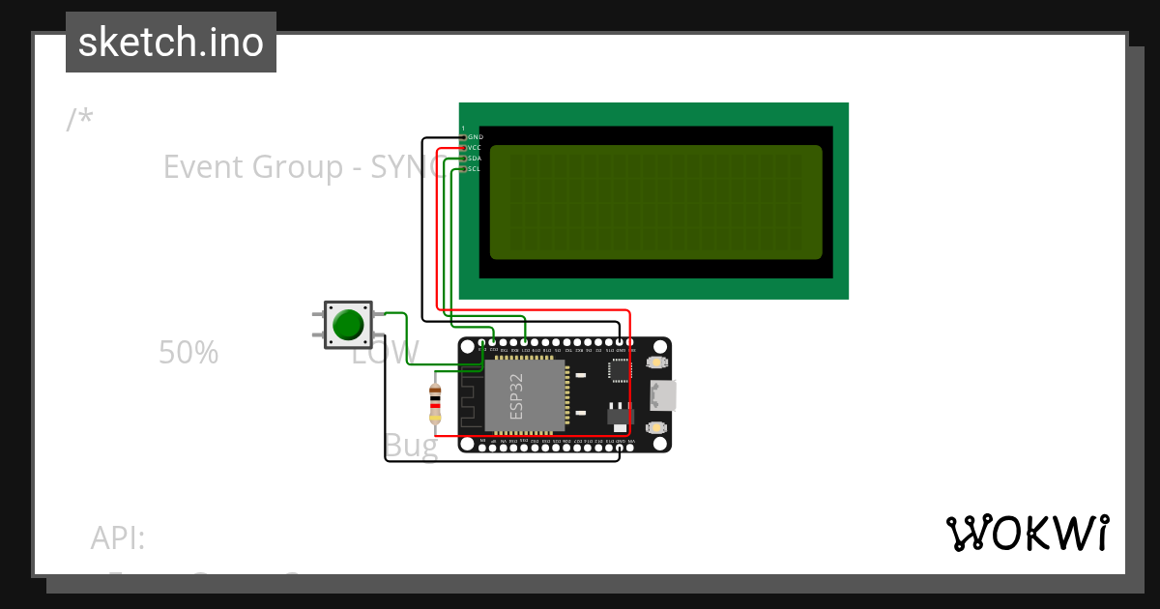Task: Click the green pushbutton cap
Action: click(347, 324)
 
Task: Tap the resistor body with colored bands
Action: click(435, 402)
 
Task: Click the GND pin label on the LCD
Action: click(475, 137)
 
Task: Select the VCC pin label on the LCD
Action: click(475, 148)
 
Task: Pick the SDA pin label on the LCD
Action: click(475, 159)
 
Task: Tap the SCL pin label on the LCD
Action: click(475, 169)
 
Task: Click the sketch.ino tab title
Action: click(171, 43)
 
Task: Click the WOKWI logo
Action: click(1027, 533)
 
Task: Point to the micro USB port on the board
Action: click(664, 394)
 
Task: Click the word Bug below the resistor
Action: click(411, 446)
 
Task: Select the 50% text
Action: click(188, 353)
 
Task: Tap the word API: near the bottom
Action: click(118, 537)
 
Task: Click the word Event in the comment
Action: click(203, 167)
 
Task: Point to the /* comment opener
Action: click(80, 120)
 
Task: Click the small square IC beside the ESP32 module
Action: click(619, 368)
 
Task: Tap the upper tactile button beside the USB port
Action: click(655, 362)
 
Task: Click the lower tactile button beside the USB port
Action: click(655, 427)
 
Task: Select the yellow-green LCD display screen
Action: click(655, 202)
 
